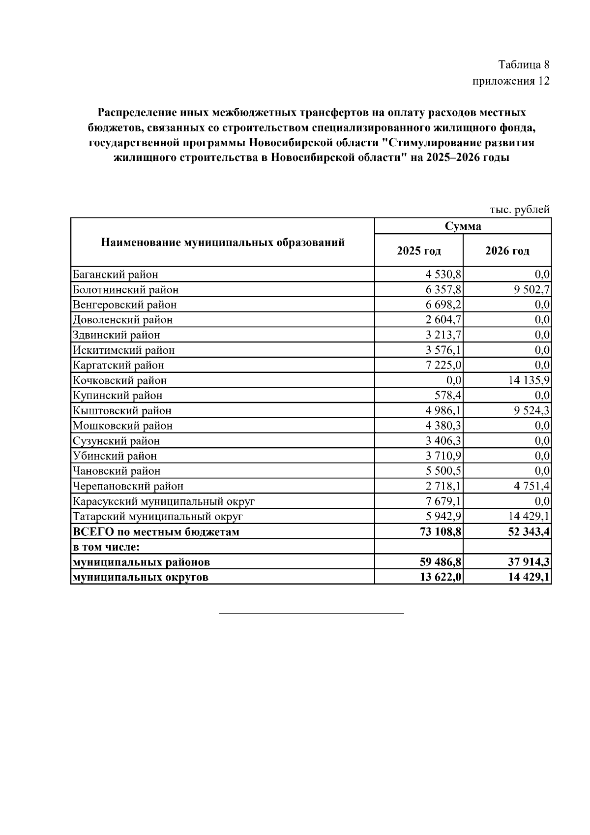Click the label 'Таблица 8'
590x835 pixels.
coord(524,64)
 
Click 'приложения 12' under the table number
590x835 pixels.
coord(511,81)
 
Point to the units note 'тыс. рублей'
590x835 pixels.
coord(520,210)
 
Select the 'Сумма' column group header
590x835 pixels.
coord(463,226)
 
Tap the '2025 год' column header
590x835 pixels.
coord(419,251)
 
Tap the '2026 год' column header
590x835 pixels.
coord(507,251)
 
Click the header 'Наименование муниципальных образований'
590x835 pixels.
coord(223,243)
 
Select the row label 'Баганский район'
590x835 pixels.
coord(116,275)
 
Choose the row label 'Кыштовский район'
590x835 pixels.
coord(122,411)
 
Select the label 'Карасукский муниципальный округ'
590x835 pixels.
coord(164,501)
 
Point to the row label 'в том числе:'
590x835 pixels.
coord(107,547)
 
